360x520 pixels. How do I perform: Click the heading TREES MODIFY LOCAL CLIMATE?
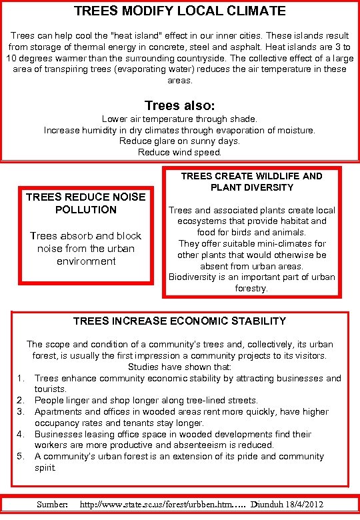179,11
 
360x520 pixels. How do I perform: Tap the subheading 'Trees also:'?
179,105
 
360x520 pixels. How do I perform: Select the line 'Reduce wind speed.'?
179,153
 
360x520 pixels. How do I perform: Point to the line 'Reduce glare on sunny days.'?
179,141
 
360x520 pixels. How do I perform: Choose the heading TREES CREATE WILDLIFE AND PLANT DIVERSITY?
251,181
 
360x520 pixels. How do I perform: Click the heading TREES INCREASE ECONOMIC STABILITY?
179,321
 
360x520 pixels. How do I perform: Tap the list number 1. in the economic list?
21,378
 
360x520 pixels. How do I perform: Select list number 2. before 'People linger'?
21,401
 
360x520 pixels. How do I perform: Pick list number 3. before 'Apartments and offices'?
21,412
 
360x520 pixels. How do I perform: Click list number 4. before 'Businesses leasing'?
21,434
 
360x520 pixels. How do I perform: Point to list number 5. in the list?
21,457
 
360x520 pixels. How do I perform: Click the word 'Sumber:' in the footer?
52,505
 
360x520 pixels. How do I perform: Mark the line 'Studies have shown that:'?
179,367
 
